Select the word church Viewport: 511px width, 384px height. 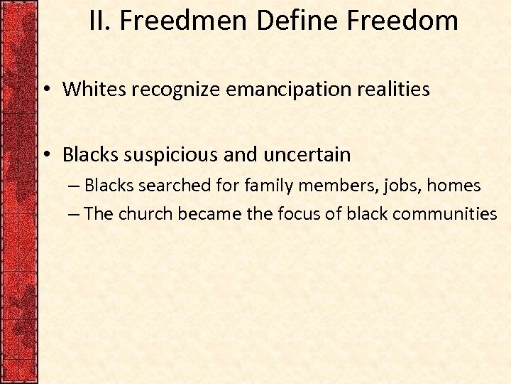(145, 213)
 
